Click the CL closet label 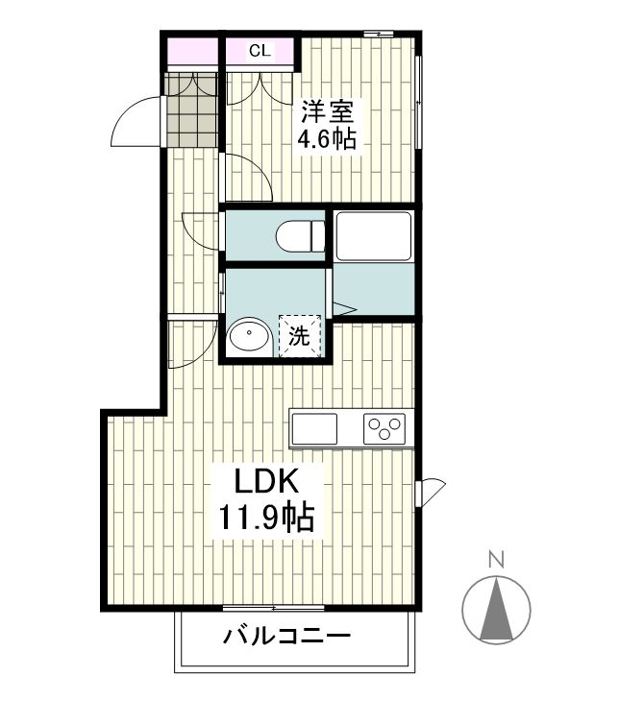point(260,51)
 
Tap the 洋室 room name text point(326,109)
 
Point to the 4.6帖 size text point(325,138)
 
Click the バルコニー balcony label point(286,636)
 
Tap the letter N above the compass point(496,559)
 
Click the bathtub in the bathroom point(374,235)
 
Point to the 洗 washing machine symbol point(300,337)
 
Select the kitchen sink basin point(314,428)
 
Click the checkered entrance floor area point(192,110)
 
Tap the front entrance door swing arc point(134,122)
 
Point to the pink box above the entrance point(191,51)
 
